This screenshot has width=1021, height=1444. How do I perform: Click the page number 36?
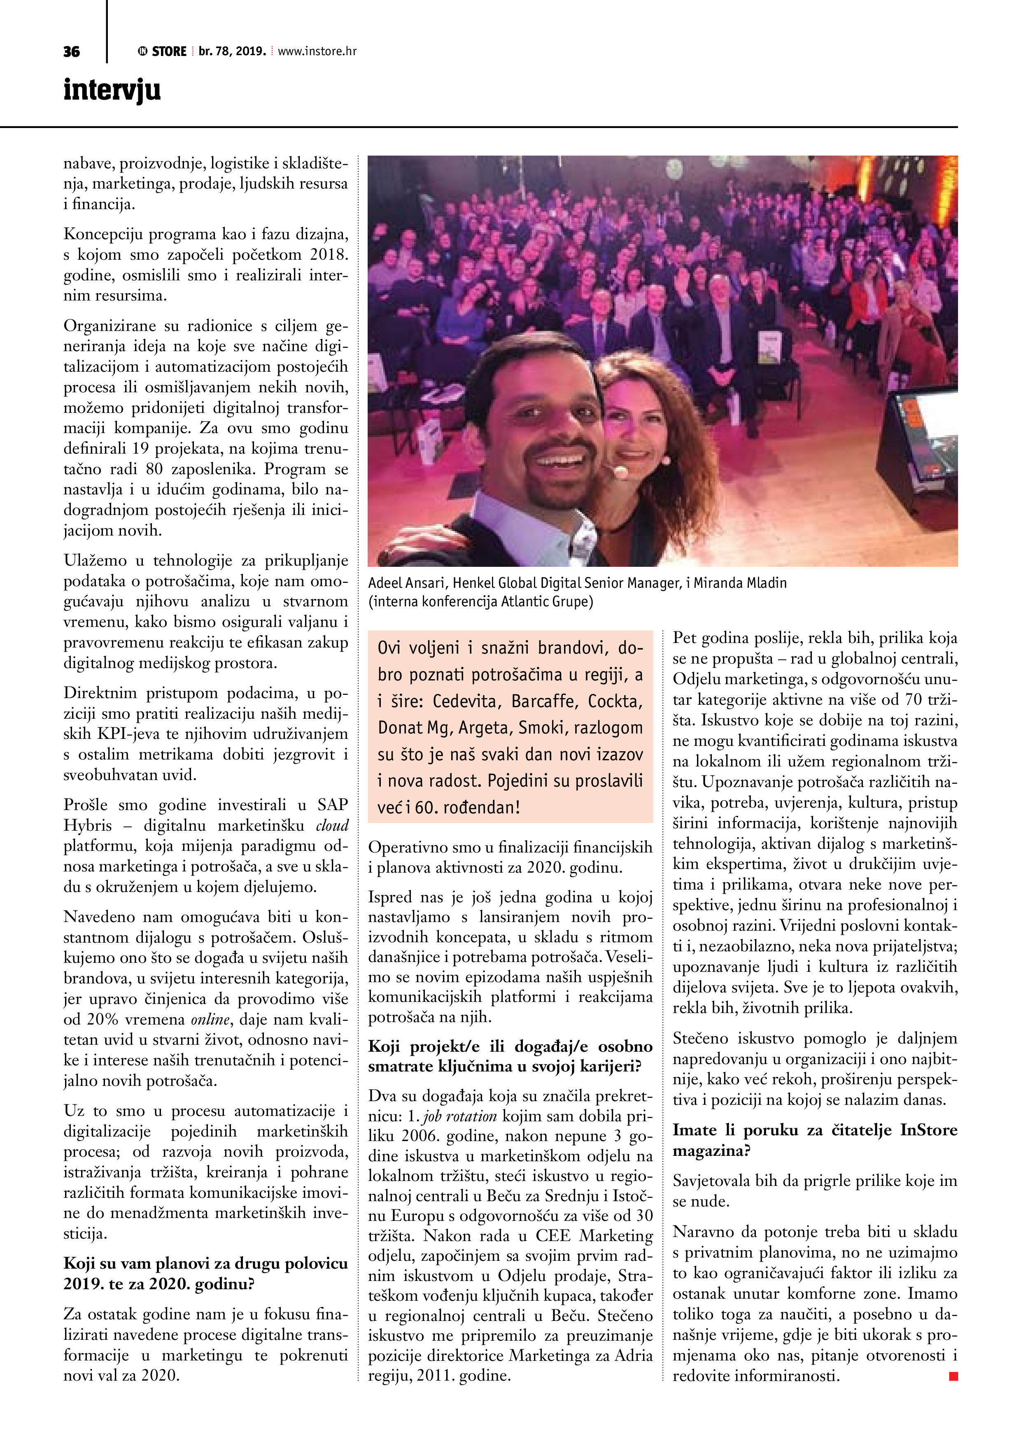click(x=72, y=51)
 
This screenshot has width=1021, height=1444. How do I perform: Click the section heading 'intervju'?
click(x=112, y=90)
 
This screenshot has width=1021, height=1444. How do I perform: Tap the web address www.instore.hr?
click(x=317, y=51)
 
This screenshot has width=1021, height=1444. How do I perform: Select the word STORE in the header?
click(x=169, y=51)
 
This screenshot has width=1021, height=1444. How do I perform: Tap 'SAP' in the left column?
click(x=333, y=805)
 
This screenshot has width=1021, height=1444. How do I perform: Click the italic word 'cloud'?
click(x=332, y=826)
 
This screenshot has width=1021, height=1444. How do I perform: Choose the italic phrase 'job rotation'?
click(x=459, y=1116)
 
